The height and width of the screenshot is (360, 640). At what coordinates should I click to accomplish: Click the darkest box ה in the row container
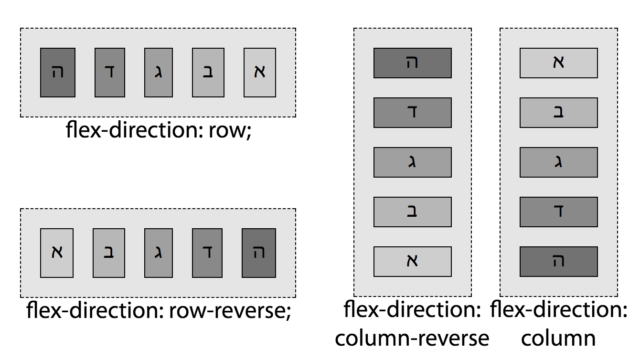(x=58, y=73)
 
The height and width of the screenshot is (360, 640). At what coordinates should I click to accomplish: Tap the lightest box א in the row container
(x=260, y=73)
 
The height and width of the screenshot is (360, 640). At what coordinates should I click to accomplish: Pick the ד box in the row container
(x=109, y=73)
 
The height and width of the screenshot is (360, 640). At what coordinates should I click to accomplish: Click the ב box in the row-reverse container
(x=109, y=253)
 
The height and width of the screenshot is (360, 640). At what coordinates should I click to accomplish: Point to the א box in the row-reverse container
(x=57, y=253)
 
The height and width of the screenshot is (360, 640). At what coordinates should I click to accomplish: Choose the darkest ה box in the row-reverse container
(x=259, y=253)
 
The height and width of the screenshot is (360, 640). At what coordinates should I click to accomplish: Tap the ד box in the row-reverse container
(x=208, y=253)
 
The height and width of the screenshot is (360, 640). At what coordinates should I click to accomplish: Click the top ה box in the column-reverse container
(x=412, y=63)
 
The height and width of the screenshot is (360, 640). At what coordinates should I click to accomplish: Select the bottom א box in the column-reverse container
(x=412, y=262)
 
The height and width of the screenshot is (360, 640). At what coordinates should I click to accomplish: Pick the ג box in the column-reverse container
(x=412, y=162)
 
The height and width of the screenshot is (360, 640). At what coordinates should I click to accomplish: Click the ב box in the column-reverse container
(x=412, y=212)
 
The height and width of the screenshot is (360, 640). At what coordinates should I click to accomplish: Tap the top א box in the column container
(x=558, y=63)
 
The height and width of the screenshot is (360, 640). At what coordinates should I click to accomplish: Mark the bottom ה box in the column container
(x=558, y=262)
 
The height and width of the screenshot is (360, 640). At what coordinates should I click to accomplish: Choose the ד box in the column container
(x=558, y=212)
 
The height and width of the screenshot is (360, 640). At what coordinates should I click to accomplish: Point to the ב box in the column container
(x=558, y=113)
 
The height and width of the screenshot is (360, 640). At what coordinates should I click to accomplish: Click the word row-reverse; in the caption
(x=230, y=311)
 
